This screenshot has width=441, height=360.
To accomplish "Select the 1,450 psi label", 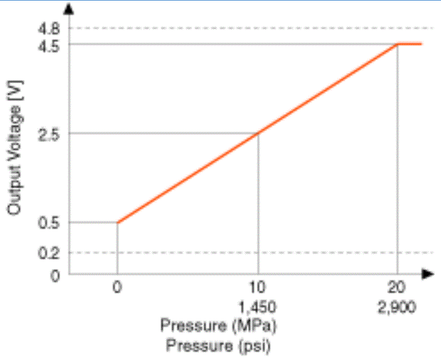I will click(258, 308).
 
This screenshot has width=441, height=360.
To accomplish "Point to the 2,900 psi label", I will click(398, 308).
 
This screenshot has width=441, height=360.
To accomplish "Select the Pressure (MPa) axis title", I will click(219, 326).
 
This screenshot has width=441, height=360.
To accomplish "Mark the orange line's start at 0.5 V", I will click(118, 222).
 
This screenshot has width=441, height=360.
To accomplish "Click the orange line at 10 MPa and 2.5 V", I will click(258, 133).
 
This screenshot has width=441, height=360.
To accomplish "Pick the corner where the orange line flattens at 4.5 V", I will click(398, 44).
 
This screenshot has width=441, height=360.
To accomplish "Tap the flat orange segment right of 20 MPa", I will click(410, 44).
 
